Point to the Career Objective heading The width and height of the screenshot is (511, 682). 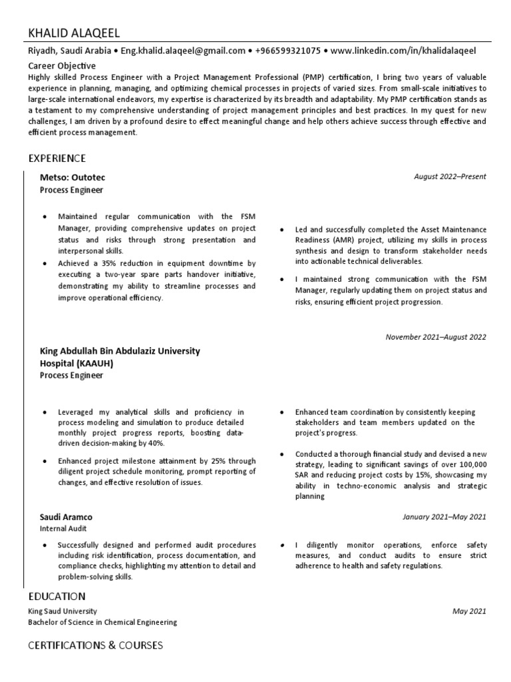click(62, 66)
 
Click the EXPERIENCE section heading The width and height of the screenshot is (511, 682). click(57, 158)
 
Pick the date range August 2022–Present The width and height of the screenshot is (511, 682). click(450, 177)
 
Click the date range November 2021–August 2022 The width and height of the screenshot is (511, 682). click(436, 337)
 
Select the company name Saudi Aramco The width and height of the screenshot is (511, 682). click(67, 517)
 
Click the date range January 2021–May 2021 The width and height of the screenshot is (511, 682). click(444, 517)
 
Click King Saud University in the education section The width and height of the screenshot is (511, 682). click(63, 611)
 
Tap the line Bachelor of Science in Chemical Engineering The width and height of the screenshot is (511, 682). click(102, 622)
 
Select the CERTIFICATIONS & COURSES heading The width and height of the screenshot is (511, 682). click(95, 645)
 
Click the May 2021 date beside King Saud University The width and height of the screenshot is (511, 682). click(469, 611)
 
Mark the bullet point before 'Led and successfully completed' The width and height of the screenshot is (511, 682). click(282, 229)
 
